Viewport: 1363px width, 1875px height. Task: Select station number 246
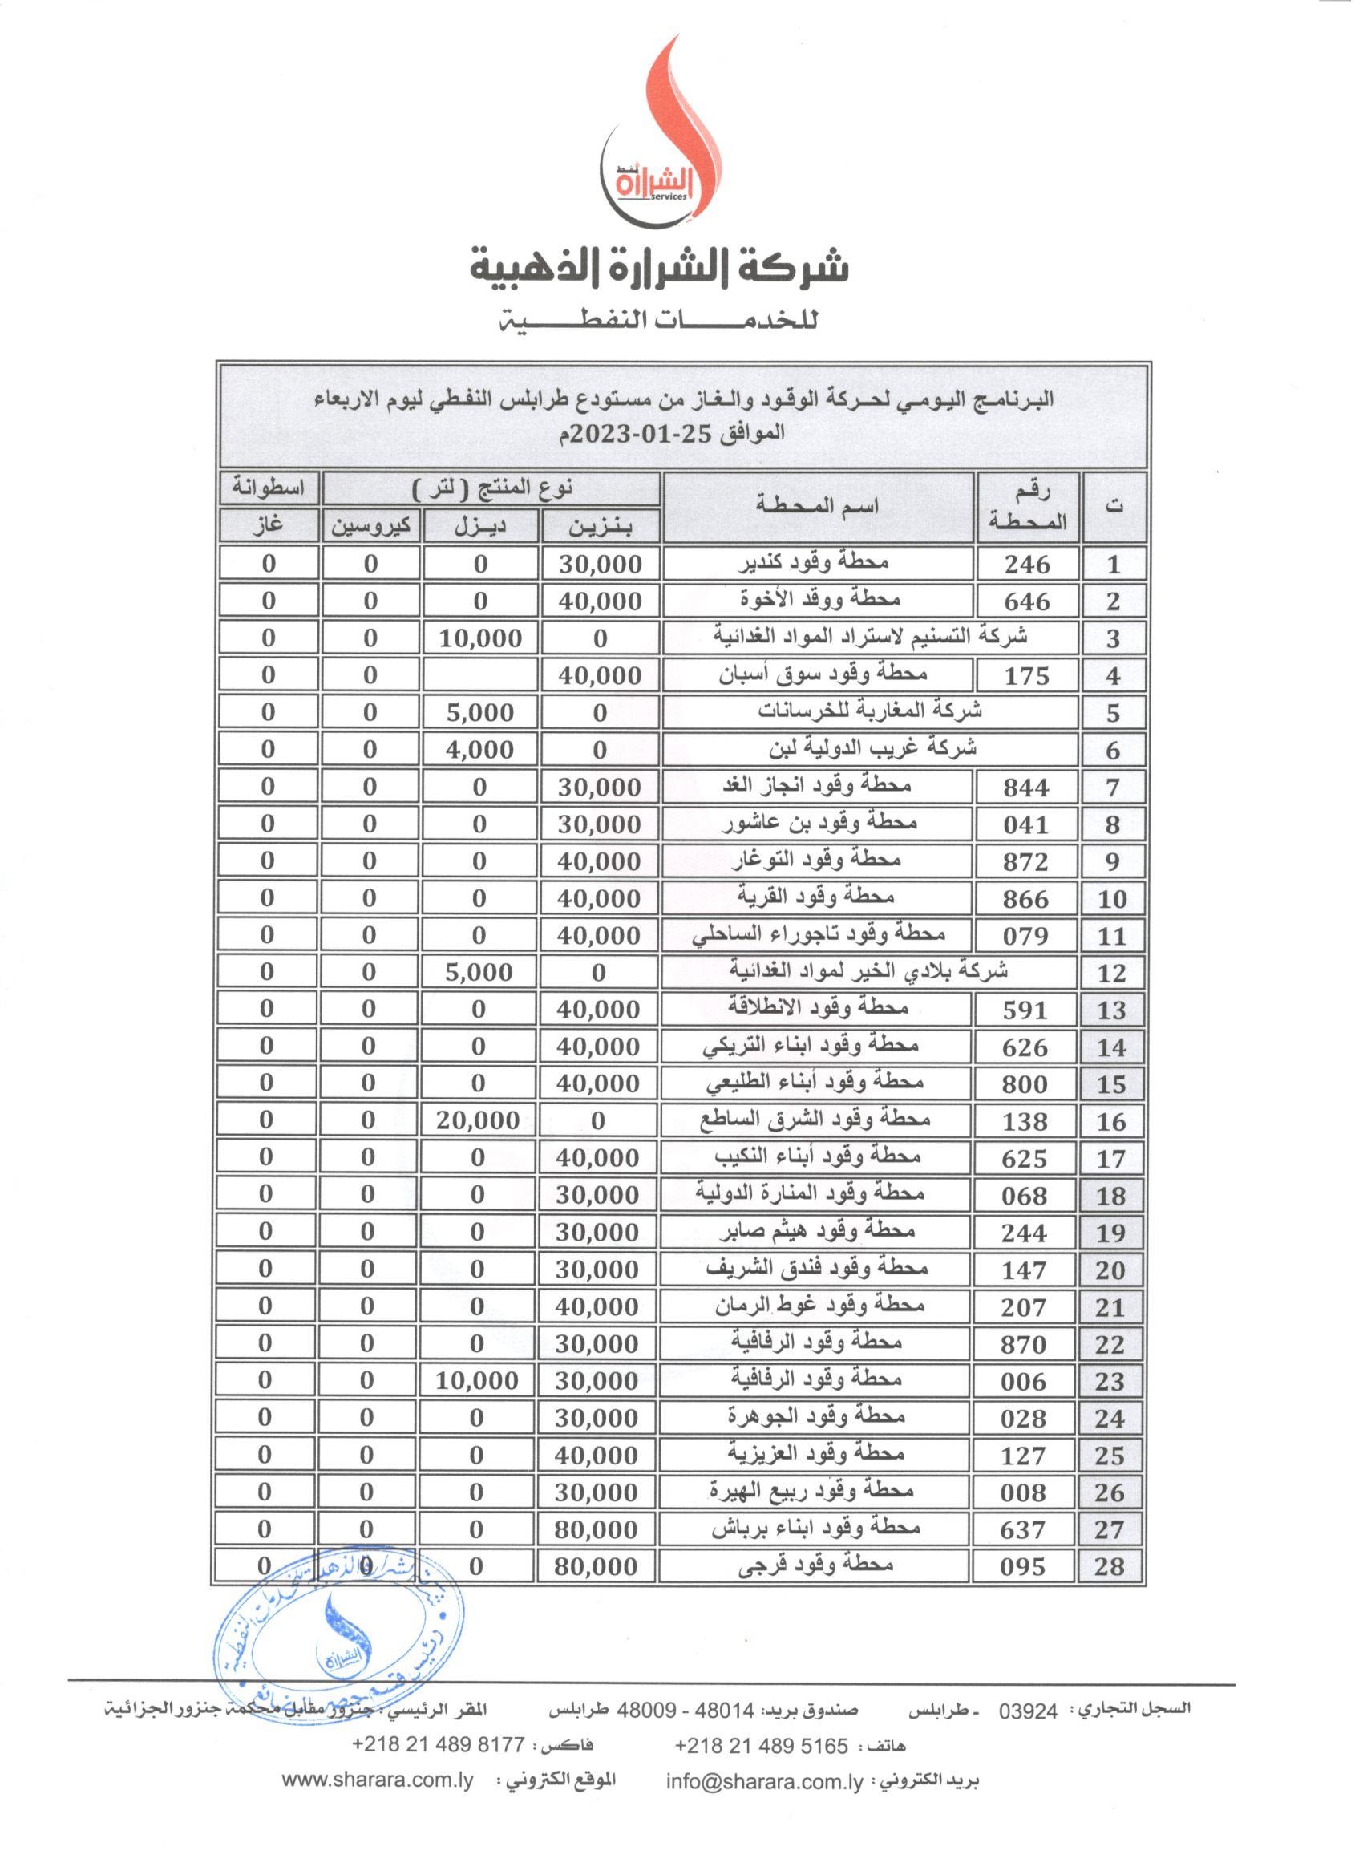coord(1026,565)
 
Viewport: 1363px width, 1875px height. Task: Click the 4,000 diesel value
coord(480,750)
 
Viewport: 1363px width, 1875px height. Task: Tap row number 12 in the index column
coord(1113,973)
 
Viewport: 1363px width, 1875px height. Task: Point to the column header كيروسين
coord(371,527)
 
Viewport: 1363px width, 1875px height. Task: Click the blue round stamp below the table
coord(339,1645)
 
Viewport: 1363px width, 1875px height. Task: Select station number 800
coord(1024,1083)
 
